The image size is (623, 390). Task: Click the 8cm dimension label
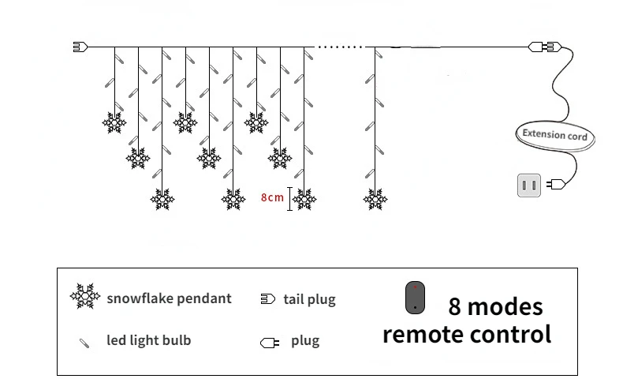pyautogui.click(x=272, y=197)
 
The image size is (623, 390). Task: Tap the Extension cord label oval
pyautogui.click(x=554, y=134)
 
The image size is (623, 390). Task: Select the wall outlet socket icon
pyautogui.click(x=528, y=186)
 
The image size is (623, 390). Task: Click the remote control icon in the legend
pyautogui.click(x=415, y=298)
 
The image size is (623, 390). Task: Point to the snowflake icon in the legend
pyautogui.click(x=86, y=297)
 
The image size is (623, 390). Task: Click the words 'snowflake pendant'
pyautogui.click(x=169, y=298)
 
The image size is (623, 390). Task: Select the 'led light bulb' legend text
pyautogui.click(x=148, y=341)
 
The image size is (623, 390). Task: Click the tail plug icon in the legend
pyautogui.click(x=267, y=299)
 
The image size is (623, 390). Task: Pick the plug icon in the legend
pyautogui.click(x=268, y=343)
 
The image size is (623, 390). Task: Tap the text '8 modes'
pyautogui.click(x=495, y=306)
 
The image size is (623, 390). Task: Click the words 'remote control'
pyautogui.click(x=467, y=334)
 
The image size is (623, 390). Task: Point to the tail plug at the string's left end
pyautogui.click(x=78, y=47)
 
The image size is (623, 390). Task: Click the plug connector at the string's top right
pyautogui.click(x=545, y=47)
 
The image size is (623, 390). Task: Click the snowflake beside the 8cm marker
pyautogui.click(x=304, y=200)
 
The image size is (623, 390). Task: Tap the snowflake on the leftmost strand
pyautogui.click(x=114, y=122)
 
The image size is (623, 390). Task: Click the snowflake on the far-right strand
pyautogui.click(x=375, y=200)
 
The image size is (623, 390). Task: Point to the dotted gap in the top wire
pyautogui.click(x=339, y=47)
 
